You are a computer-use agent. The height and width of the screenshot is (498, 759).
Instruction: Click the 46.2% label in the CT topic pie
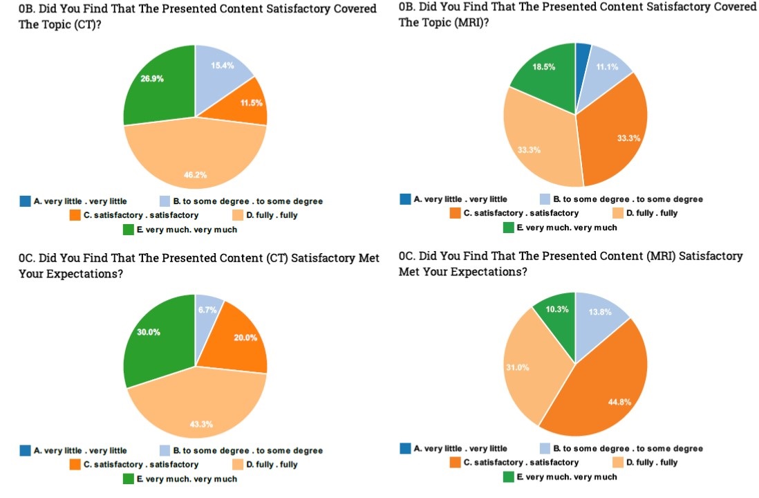(x=195, y=176)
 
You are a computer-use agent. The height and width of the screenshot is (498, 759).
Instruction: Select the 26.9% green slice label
(x=152, y=79)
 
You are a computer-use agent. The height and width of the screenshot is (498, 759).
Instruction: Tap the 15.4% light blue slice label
(x=223, y=66)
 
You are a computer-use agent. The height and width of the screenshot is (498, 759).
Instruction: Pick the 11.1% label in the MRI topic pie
(x=606, y=67)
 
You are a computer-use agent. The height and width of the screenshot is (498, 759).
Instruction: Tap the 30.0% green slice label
(x=149, y=332)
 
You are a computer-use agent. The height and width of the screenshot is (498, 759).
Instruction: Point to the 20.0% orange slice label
(x=246, y=338)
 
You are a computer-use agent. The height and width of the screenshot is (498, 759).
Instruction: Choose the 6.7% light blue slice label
(x=208, y=310)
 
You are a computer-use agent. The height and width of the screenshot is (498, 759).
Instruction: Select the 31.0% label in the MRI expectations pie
(x=518, y=367)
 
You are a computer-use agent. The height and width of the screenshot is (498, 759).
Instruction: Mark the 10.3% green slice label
(x=557, y=309)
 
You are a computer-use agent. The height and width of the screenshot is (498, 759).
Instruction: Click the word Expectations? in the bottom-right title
(x=489, y=272)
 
